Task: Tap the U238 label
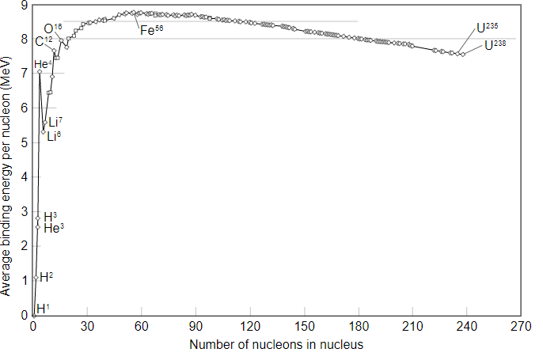[496, 45]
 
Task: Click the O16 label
[52, 28]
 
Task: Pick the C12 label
[44, 41]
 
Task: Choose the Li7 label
[54, 122]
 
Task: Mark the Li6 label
[54, 136]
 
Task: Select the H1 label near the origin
[43, 308]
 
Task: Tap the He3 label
[54, 228]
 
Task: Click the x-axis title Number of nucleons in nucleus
[276, 346]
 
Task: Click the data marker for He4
[39, 72]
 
